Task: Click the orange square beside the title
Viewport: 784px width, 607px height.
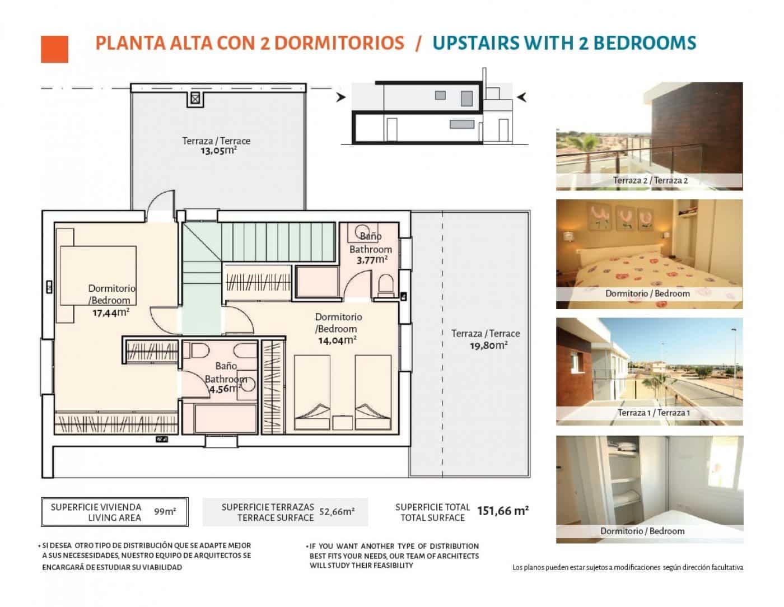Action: point(54,49)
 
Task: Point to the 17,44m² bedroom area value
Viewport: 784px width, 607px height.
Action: point(110,312)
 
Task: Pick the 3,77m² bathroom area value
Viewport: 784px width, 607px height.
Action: point(372,260)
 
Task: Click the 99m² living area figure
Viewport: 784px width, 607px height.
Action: point(165,511)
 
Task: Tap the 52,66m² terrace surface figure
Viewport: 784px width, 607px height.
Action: point(337,511)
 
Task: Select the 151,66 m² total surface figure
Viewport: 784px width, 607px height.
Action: point(502,511)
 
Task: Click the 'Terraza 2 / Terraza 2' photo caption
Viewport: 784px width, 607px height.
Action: point(650,180)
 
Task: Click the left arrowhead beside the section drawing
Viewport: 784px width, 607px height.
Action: point(340,98)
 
